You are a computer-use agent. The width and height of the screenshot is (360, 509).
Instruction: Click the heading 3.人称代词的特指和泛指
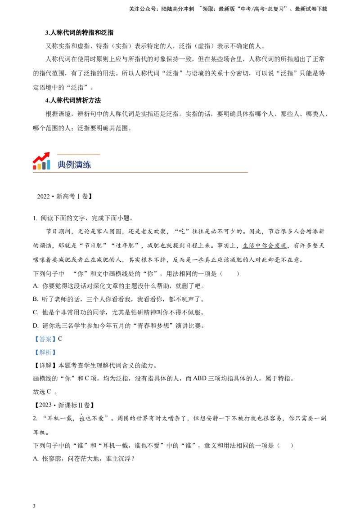click(79, 32)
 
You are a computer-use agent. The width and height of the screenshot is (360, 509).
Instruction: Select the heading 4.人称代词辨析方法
click(73, 100)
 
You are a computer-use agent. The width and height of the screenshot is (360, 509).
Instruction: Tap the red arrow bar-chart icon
click(41, 161)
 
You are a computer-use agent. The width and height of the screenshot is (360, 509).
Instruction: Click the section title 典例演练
click(74, 165)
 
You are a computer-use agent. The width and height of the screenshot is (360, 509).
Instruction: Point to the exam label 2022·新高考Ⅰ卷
click(65, 196)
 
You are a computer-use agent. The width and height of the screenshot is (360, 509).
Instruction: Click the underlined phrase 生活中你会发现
click(265, 246)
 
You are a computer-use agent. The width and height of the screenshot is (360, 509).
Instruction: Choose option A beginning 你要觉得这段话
click(119, 286)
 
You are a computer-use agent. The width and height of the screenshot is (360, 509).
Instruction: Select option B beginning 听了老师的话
click(119, 299)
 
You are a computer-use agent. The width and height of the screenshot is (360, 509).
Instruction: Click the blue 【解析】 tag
click(45, 352)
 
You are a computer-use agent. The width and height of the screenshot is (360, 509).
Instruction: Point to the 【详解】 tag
click(45, 366)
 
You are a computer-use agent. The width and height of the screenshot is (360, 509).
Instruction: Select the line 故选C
click(45, 392)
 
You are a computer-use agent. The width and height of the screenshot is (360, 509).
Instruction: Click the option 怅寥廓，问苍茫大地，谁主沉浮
click(84, 459)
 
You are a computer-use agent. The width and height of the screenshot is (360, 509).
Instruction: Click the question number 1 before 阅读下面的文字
click(35, 218)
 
